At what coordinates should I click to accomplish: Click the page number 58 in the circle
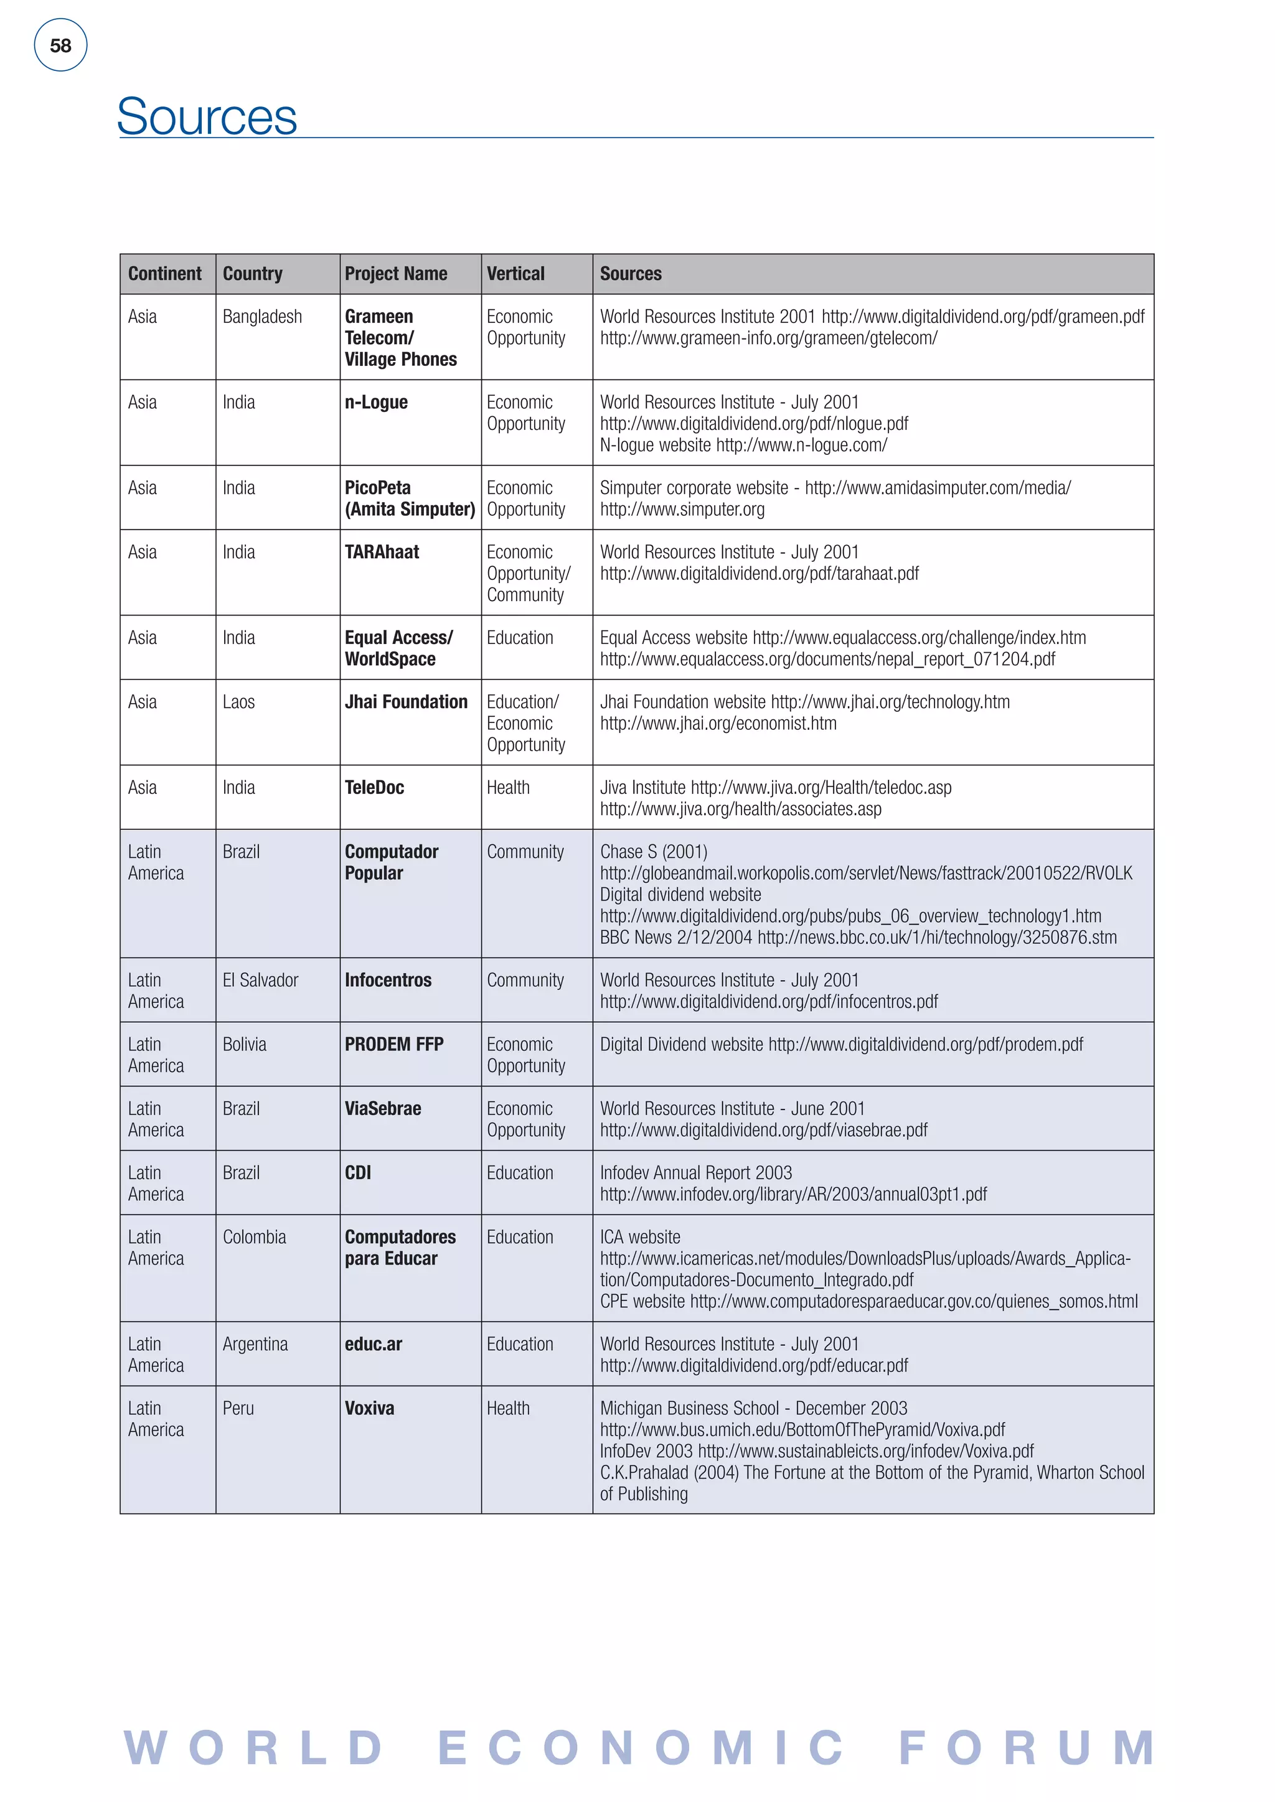(x=60, y=45)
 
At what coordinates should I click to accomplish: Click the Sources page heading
(x=207, y=116)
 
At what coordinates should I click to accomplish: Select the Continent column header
(x=165, y=274)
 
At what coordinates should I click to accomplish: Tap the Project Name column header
(x=396, y=274)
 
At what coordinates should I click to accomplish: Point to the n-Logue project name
(x=376, y=402)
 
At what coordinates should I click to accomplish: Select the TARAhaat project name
(x=382, y=552)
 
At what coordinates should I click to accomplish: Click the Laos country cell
(x=238, y=702)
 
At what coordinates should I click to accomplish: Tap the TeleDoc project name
(x=375, y=787)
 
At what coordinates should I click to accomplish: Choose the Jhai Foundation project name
(x=406, y=702)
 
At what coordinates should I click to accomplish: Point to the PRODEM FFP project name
(x=394, y=1045)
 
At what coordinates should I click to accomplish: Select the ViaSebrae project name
(x=383, y=1108)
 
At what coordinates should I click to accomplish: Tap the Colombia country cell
(x=255, y=1237)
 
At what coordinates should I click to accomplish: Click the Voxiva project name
(x=370, y=1408)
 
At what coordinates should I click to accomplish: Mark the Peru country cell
(x=238, y=1408)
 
